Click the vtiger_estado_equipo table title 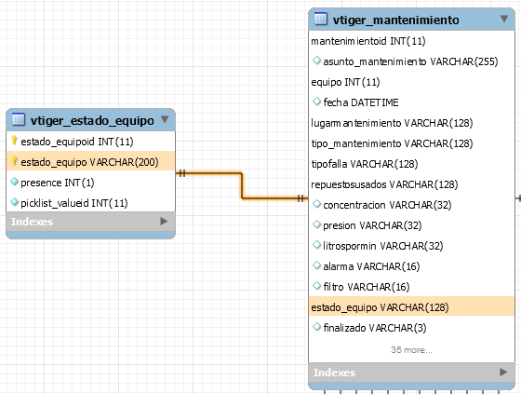pyautogui.click(x=92, y=120)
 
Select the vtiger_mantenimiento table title pyautogui.click(x=395, y=20)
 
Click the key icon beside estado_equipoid pyautogui.click(x=14, y=141)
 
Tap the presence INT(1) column pyautogui.click(x=58, y=183)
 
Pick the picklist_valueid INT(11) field pyautogui.click(x=74, y=203)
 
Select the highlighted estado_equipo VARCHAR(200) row pyautogui.click(x=90, y=162)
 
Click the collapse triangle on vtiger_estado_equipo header pyautogui.click(x=165, y=119)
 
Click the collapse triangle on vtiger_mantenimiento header pyautogui.click(x=504, y=19)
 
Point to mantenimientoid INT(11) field pyautogui.click(x=368, y=41)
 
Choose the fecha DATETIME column pyautogui.click(x=361, y=102)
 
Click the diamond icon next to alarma pyautogui.click(x=316, y=265)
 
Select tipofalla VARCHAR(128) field pyautogui.click(x=365, y=164)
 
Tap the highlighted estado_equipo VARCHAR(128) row pyautogui.click(x=411, y=306)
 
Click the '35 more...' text pyautogui.click(x=411, y=349)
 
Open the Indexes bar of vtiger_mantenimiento pyautogui.click(x=411, y=373)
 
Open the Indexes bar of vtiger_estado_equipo pyautogui.click(x=90, y=222)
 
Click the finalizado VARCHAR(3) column pyautogui.click(x=375, y=328)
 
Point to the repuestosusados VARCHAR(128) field pyautogui.click(x=384, y=184)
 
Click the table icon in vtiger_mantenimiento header pyautogui.click(x=321, y=19)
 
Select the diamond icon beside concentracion pyautogui.click(x=316, y=204)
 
